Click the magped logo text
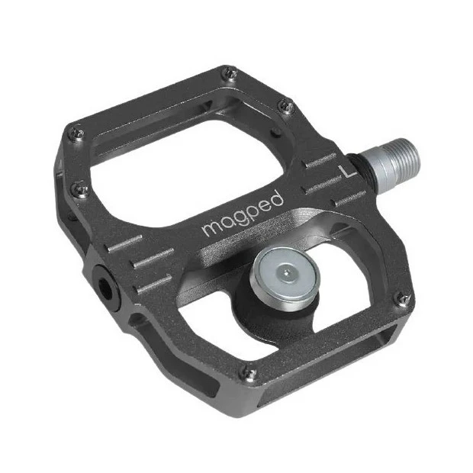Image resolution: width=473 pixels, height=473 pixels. (x=242, y=214)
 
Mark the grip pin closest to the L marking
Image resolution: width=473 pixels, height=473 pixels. (x=287, y=107)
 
